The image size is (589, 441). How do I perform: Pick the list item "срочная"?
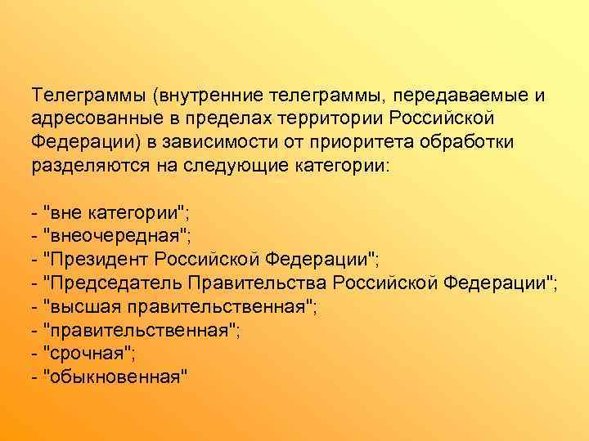point(91,353)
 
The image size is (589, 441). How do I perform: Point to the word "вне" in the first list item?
point(65,214)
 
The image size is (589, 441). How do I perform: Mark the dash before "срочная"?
point(33,353)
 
